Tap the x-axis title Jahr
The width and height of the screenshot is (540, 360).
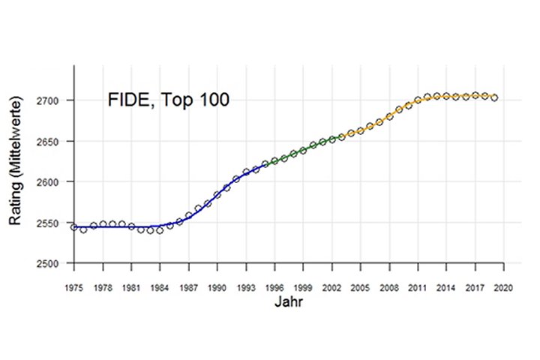click(288, 303)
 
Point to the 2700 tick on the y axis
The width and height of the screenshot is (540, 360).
click(52, 100)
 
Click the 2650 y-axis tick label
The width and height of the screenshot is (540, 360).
click(52, 141)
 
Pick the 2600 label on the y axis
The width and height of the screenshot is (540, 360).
click(52, 182)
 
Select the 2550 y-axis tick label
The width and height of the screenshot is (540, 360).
click(52, 223)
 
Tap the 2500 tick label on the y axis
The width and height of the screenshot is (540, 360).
click(52, 264)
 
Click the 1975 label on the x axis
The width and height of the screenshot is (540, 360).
click(74, 287)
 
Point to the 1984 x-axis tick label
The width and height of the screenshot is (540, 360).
click(160, 287)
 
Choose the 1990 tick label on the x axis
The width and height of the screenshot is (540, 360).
click(217, 287)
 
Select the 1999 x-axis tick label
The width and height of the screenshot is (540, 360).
click(302, 287)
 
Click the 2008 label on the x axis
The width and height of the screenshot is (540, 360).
click(388, 287)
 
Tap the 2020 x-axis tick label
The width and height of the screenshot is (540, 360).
click(502, 287)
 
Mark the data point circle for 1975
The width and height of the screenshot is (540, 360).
click(74, 227)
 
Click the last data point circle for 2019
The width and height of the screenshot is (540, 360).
click(493, 97)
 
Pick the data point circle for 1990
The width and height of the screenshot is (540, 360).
click(217, 195)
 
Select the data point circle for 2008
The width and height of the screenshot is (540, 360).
click(388, 116)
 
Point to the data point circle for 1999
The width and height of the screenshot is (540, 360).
click(303, 150)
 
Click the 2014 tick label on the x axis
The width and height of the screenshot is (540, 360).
click(445, 287)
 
